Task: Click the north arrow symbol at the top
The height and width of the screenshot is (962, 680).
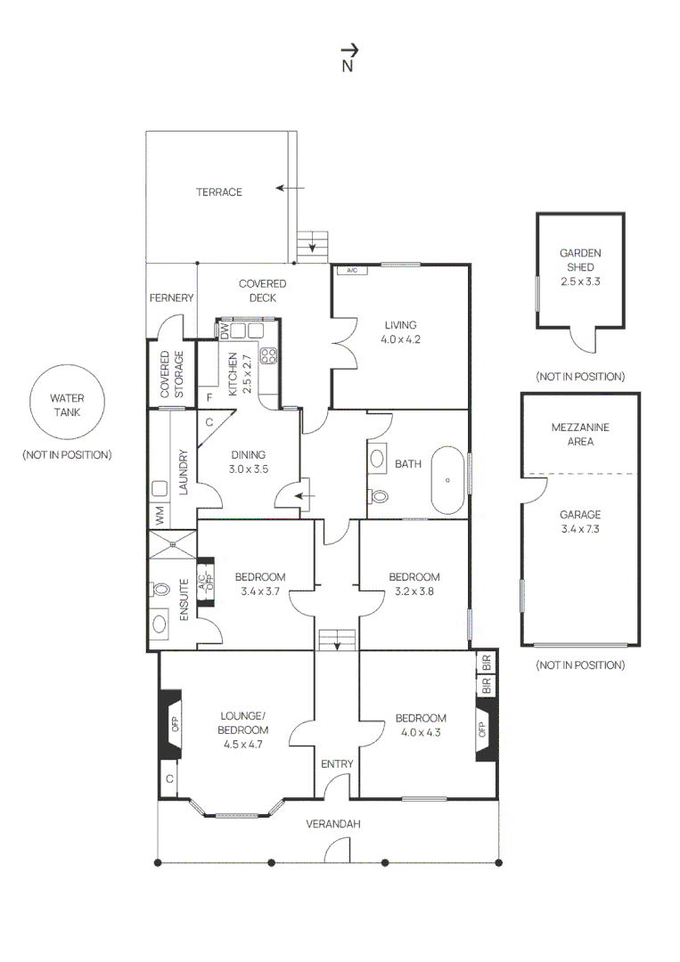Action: coord(348,53)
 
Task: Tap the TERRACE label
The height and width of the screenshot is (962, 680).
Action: coord(219,192)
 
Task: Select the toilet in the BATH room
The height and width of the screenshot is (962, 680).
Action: coord(378,497)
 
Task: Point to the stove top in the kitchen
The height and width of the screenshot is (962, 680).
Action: coord(268,356)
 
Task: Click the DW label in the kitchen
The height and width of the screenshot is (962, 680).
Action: coord(225,330)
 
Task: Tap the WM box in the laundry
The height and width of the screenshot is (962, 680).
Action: coord(160,515)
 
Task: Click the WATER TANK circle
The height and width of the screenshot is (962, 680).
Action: coord(67,405)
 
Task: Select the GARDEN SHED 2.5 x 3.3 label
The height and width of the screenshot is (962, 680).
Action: coord(580,267)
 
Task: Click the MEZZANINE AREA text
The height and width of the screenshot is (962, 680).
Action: coord(580,434)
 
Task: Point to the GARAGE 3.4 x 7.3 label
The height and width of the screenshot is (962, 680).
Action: coord(580,521)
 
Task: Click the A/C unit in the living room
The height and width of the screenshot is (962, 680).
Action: coord(351,271)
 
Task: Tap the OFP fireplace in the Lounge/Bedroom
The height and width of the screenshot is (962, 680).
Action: coord(172,724)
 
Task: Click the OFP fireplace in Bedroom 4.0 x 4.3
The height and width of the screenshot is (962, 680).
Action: coord(484,729)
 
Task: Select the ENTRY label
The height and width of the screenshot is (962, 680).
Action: coord(337,763)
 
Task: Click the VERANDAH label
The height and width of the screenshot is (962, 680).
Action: coord(333,824)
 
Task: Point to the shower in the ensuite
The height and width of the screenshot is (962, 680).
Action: coord(172,544)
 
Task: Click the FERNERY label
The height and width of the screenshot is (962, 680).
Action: coord(171,298)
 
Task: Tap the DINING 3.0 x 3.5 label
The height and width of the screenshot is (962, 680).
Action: coord(249,461)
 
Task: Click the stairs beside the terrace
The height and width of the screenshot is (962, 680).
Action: coord(313,243)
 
